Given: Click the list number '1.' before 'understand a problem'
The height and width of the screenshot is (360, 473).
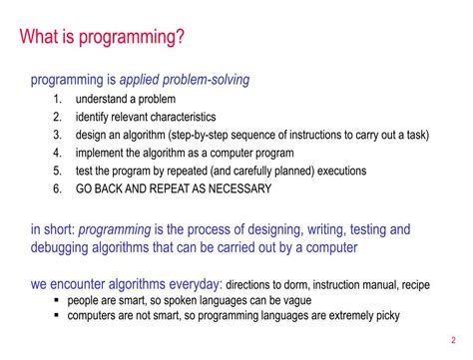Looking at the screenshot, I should pyautogui.click(x=57, y=100).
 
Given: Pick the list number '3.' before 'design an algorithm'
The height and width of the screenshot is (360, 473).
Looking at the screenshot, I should pyautogui.click(x=57, y=136).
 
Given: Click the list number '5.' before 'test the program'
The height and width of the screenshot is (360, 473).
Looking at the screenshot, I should pyautogui.click(x=57, y=171).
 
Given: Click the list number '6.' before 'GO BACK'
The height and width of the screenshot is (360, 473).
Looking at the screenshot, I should pyautogui.click(x=57, y=188).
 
